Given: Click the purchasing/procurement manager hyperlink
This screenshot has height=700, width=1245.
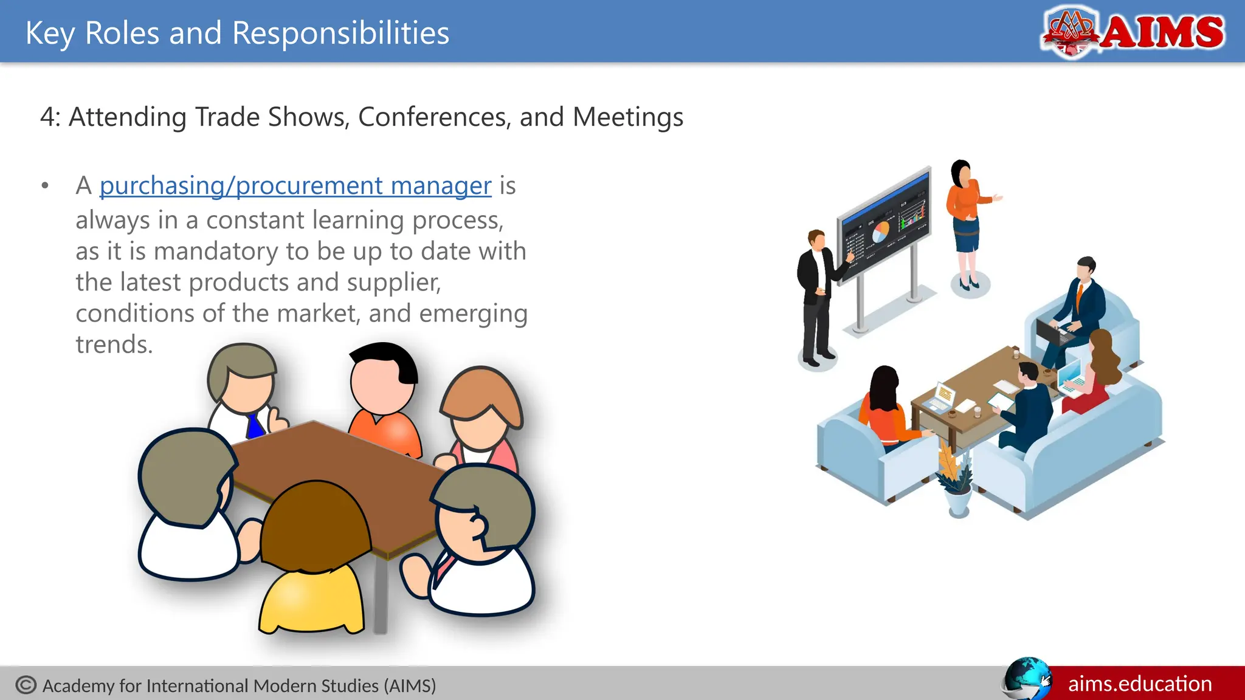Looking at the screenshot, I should pyautogui.click(x=295, y=185).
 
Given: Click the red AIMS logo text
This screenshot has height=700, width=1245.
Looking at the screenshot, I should pyautogui.click(x=1162, y=32).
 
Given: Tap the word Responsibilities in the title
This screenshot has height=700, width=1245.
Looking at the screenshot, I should pyautogui.click(x=340, y=33).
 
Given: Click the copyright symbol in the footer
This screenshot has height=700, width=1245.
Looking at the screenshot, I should pyautogui.click(x=26, y=685).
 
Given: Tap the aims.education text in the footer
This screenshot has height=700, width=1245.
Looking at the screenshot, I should pyautogui.click(x=1140, y=684).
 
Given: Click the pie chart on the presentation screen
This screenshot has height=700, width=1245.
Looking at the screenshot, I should pyautogui.click(x=880, y=232).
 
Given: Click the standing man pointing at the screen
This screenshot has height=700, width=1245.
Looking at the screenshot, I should pyautogui.click(x=816, y=298).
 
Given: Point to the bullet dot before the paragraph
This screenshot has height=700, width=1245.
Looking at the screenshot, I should pyautogui.click(x=45, y=186).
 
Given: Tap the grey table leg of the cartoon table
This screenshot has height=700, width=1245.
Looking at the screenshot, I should pyautogui.click(x=381, y=595).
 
